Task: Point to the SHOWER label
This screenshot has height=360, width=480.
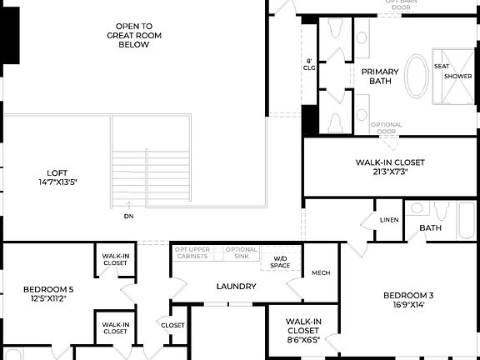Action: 457,76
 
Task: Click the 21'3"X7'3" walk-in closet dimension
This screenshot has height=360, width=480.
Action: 390,172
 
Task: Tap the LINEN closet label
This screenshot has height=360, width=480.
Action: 389,220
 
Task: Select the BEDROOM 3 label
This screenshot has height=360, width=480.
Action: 408,295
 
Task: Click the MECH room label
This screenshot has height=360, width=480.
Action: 321,273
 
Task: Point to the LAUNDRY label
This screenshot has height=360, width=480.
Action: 236,287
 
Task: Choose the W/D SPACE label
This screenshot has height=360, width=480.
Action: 280,262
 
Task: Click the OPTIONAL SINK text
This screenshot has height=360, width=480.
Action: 242,253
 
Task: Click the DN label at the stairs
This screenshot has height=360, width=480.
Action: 128,217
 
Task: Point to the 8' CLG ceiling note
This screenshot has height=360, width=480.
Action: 309,65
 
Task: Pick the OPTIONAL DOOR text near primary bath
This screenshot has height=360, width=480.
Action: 387,128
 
